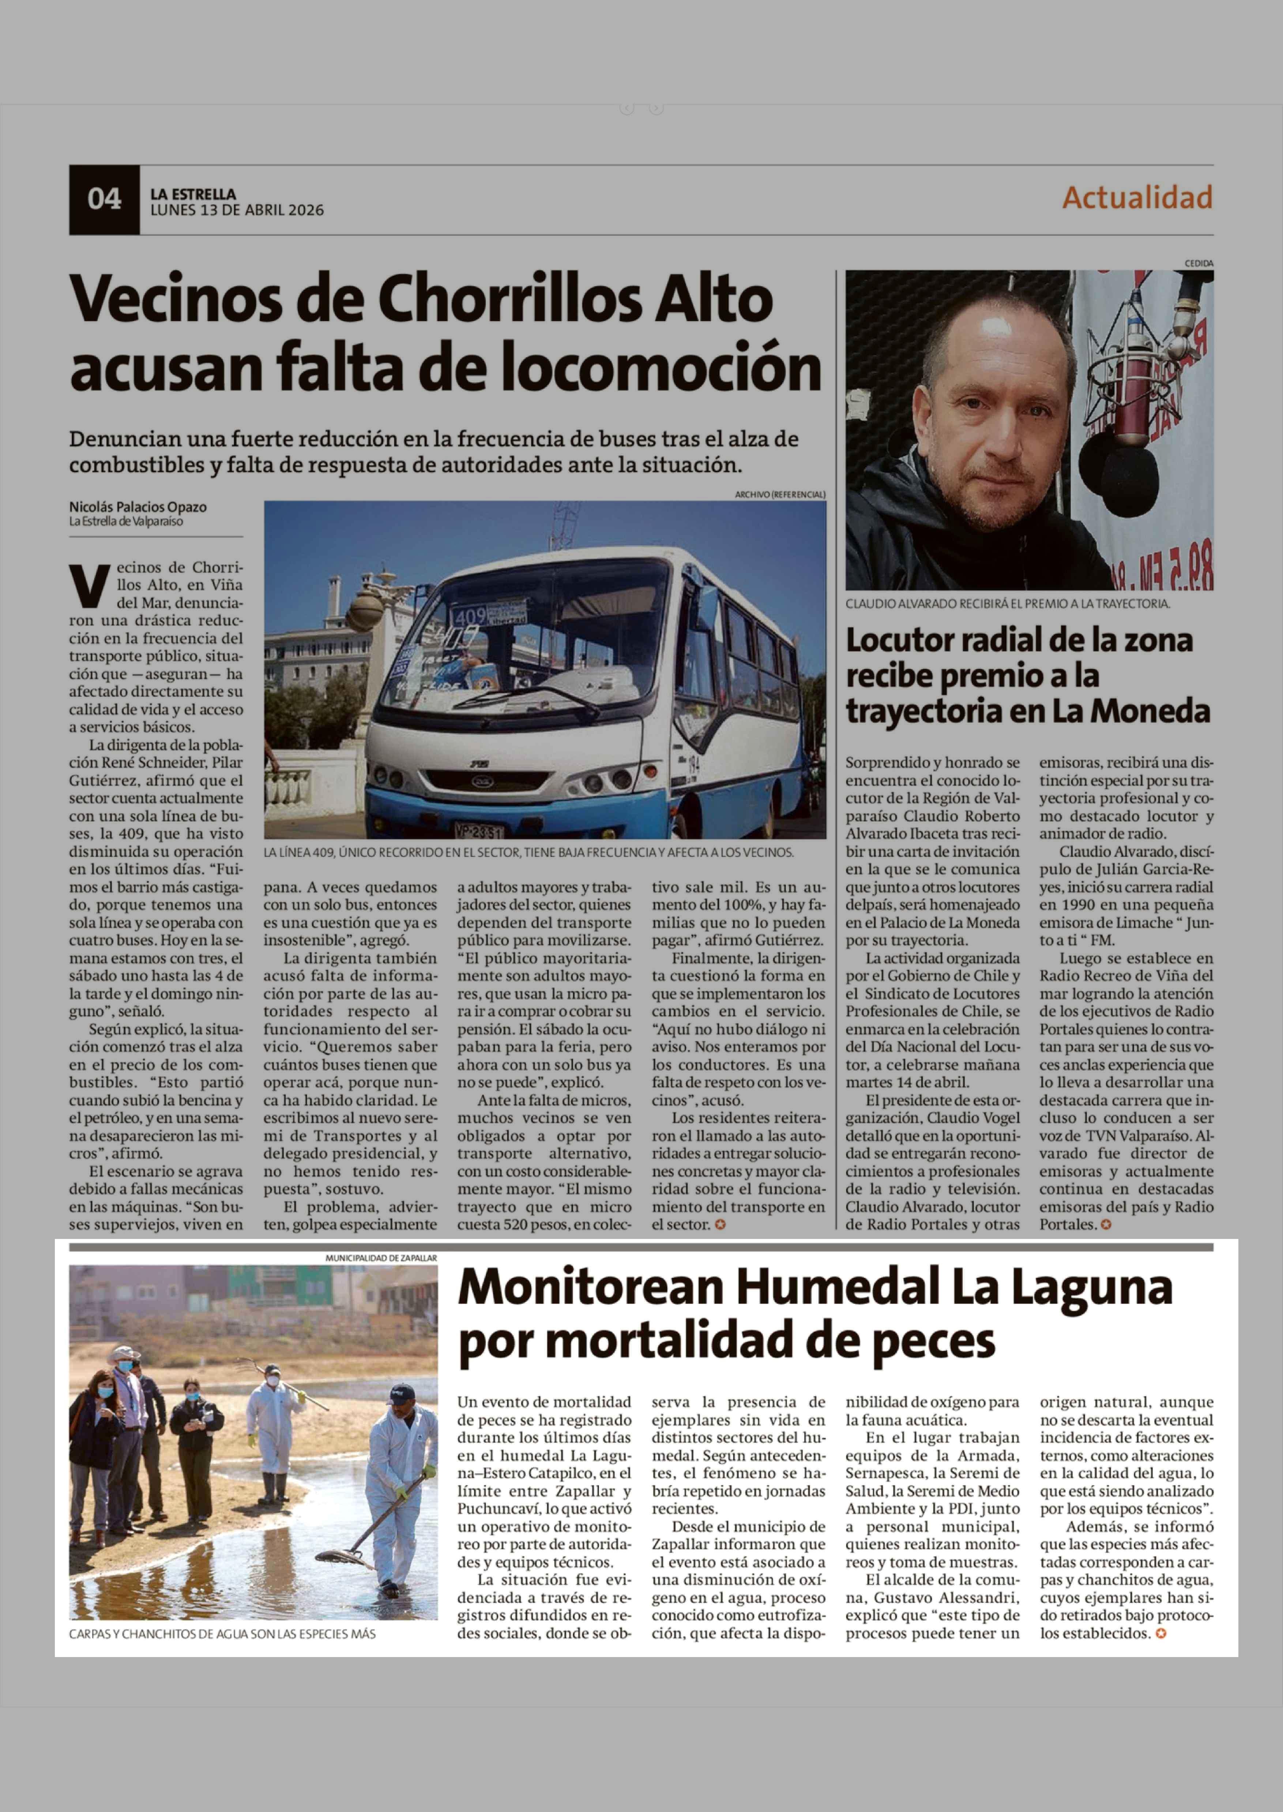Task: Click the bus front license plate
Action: (478, 831)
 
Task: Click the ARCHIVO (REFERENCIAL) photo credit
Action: (780, 494)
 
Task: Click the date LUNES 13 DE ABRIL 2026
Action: (237, 210)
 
